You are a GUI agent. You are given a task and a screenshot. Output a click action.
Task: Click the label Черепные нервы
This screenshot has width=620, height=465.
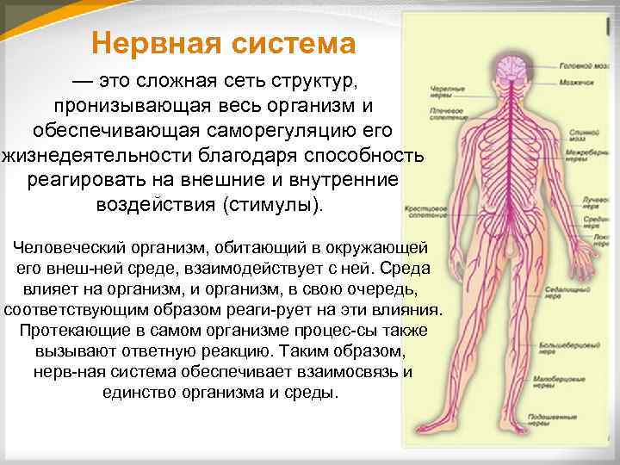447,91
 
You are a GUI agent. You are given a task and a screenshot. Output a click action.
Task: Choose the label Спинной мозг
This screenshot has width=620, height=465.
578,138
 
